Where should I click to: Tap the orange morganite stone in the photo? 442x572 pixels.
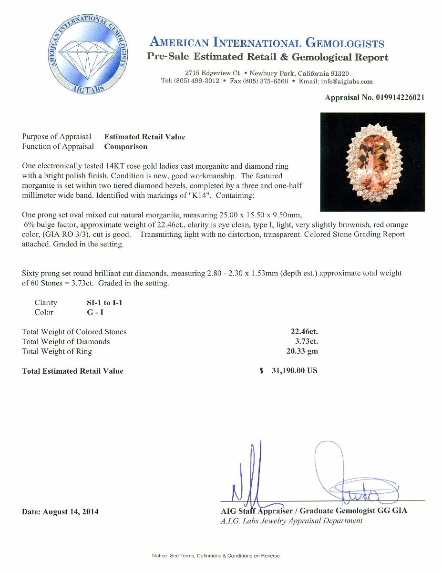click(x=372, y=161)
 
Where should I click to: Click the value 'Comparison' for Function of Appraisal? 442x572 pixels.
click(x=126, y=147)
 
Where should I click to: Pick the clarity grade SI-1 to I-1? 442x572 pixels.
click(x=101, y=303)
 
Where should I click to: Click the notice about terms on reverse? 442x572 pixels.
click(x=216, y=556)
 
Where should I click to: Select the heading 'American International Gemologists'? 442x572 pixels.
click(x=267, y=43)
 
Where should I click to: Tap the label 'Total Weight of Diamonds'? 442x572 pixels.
click(x=66, y=341)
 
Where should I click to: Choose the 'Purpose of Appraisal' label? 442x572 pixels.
click(x=56, y=137)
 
